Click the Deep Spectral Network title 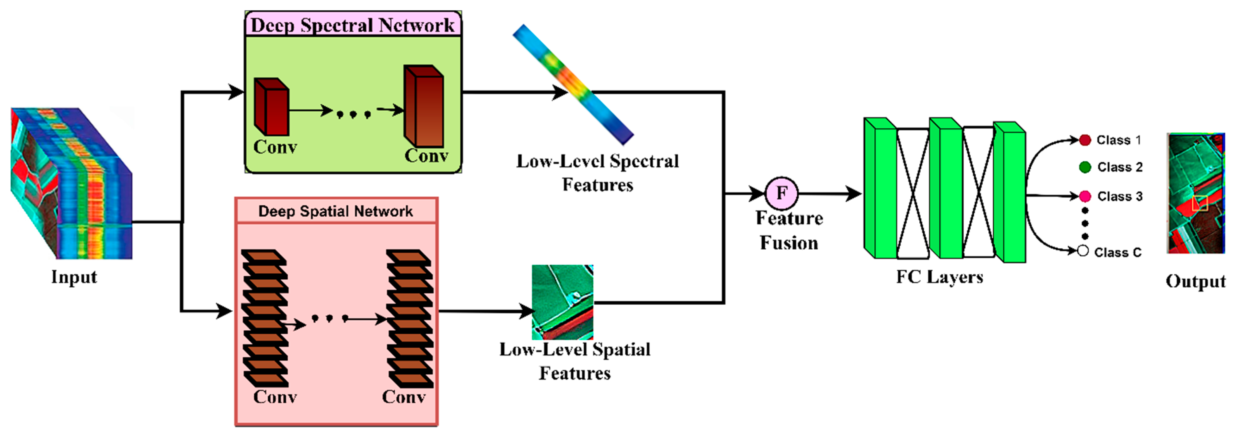tap(352, 25)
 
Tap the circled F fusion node tap(781, 193)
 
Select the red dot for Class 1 tap(1084, 140)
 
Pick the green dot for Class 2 tap(1085, 167)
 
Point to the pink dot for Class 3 tap(1085, 196)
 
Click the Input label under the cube tap(74, 277)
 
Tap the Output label tap(1195, 281)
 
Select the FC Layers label tap(939, 277)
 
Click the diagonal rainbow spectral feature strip tap(573, 84)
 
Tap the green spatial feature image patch tap(562, 302)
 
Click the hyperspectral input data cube tap(71, 184)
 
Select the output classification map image tap(1195, 193)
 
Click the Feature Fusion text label tap(789, 230)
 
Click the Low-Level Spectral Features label tap(597, 173)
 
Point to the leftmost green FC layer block tap(880, 189)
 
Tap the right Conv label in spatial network tap(403, 397)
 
